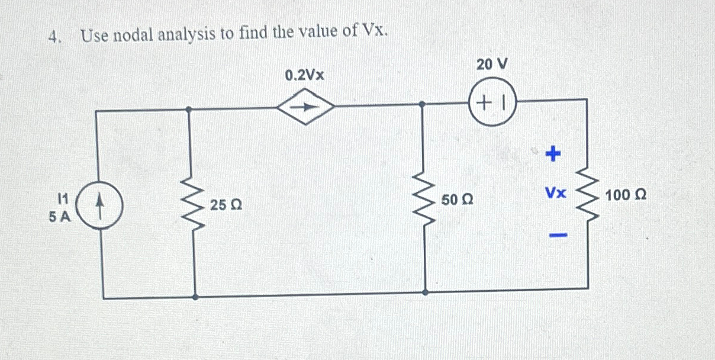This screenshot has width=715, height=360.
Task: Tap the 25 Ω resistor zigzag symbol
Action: (x=193, y=202)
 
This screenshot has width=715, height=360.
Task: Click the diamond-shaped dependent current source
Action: (x=307, y=107)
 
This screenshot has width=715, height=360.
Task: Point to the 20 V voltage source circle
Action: (x=492, y=102)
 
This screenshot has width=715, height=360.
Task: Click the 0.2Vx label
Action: (x=304, y=76)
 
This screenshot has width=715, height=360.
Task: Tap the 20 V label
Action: (x=492, y=64)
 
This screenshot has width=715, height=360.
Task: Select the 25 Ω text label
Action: (x=225, y=206)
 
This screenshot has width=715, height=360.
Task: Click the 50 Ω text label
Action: (x=456, y=200)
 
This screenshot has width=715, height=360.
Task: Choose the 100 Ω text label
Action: (x=625, y=194)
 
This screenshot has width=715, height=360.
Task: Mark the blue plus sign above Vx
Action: (x=552, y=155)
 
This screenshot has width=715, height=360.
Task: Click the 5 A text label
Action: (x=60, y=217)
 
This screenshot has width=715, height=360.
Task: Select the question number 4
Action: (x=54, y=37)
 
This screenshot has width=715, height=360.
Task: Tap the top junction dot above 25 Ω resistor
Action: (x=188, y=109)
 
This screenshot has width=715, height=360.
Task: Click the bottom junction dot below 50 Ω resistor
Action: (x=425, y=292)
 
